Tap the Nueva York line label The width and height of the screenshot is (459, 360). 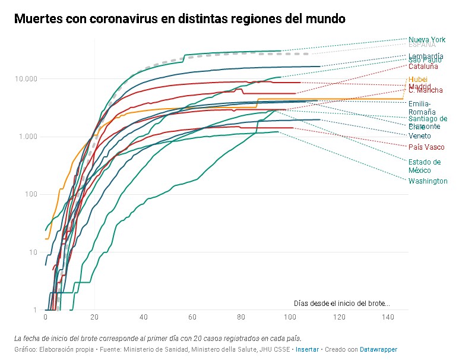click(427, 40)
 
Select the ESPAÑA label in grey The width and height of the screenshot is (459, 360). click(422, 45)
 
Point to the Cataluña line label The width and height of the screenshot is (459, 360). click(423, 67)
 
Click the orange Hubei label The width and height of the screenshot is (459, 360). click(418, 80)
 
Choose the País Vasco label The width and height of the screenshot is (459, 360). click(426, 147)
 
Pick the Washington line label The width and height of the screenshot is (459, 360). click(428, 181)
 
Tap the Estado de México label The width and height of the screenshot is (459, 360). click(425, 166)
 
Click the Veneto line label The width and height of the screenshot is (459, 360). click(420, 136)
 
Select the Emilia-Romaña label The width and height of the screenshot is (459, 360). click(422, 108)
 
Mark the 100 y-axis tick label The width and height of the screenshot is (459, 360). click(32, 194)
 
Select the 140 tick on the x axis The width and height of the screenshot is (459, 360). click(388, 318)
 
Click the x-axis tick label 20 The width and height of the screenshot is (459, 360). click(94, 318)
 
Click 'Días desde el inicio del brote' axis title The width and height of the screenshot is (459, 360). click(341, 304)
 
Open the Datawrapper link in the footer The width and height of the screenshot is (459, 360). click(378, 350)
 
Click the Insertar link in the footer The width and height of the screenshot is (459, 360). click(307, 350)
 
